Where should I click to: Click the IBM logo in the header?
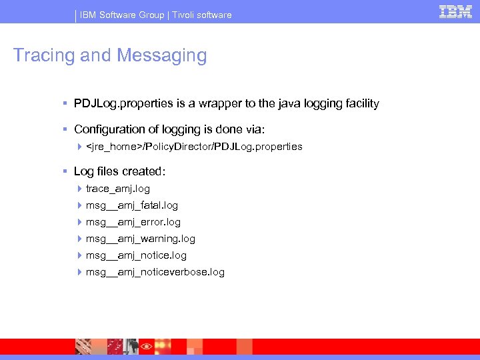(x=455, y=11)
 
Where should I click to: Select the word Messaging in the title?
(x=161, y=55)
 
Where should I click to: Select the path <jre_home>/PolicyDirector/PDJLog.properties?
(x=194, y=147)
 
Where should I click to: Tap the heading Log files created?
(x=119, y=172)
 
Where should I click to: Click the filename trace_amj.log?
(x=118, y=189)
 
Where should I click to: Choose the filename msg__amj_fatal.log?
(x=132, y=205)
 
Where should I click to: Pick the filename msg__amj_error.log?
(x=133, y=222)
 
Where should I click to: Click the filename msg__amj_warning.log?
(x=141, y=239)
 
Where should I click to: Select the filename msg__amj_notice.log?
(x=136, y=255)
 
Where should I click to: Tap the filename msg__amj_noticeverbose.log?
(x=155, y=272)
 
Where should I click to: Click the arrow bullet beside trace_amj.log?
(x=79, y=189)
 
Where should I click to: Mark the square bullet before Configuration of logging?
(x=65, y=129)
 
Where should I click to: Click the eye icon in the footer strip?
(x=145, y=347)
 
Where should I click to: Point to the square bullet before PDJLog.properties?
(x=65, y=104)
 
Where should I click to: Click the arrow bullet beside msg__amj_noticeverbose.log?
(x=79, y=272)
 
